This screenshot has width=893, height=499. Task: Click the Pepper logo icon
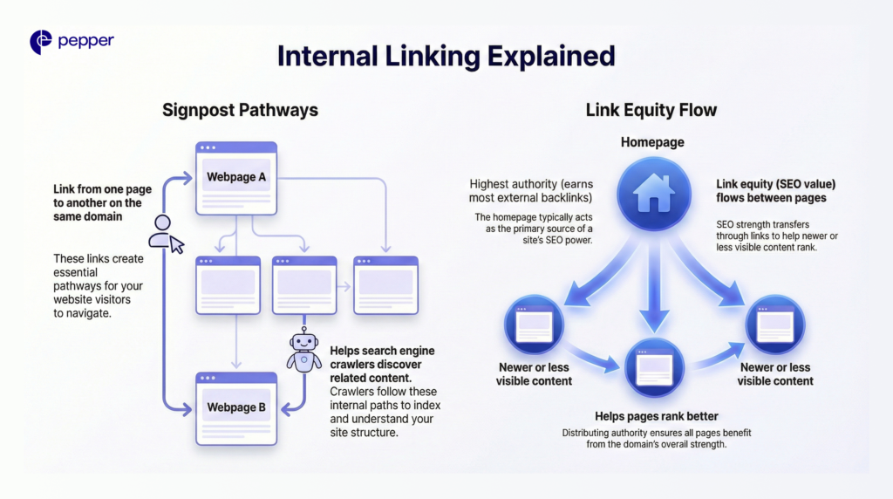point(41,41)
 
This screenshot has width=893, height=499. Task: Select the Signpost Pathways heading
point(240,110)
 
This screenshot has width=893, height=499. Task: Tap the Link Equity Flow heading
point(651,110)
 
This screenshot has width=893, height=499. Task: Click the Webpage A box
point(236,178)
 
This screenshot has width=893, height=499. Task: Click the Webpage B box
point(236,407)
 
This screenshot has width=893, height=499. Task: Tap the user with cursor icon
point(166,233)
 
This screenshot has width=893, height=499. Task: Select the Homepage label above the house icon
point(653,141)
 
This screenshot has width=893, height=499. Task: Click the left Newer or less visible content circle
point(534,325)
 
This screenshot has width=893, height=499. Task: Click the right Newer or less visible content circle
point(774,325)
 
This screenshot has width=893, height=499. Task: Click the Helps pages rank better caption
point(655,417)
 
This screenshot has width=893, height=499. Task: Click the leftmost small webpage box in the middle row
point(228,285)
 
